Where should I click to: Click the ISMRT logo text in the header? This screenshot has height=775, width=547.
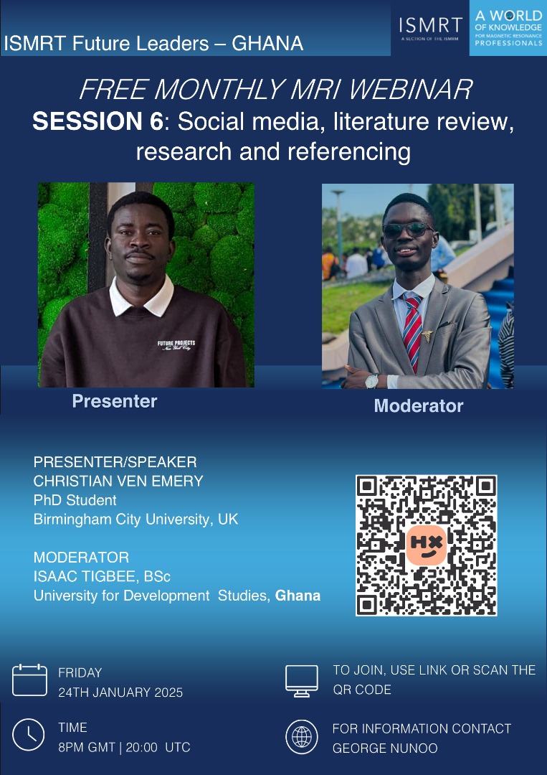click(x=430, y=24)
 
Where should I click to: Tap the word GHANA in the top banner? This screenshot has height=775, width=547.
click(x=267, y=44)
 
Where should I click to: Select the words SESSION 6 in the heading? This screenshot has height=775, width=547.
click(x=97, y=121)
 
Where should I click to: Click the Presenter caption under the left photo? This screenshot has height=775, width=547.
click(x=115, y=401)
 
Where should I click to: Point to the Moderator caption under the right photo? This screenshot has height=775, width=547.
click(x=419, y=405)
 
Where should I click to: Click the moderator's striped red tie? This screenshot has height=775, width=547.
click(x=412, y=330)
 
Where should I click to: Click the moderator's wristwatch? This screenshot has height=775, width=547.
click(x=372, y=380)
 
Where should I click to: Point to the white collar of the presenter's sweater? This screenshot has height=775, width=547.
click(x=141, y=298)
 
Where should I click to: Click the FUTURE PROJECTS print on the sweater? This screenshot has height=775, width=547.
click(x=176, y=345)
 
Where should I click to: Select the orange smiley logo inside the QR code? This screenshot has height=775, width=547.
click(x=426, y=545)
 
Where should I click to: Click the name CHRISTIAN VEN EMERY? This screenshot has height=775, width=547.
click(x=118, y=481)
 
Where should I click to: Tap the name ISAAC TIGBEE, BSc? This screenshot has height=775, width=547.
click(x=103, y=576)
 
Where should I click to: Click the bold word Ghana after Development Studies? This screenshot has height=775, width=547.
click(x=298, y=596)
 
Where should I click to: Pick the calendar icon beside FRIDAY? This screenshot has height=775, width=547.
click(x=29, y=680)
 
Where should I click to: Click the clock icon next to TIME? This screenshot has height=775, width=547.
click(x=28, y=735)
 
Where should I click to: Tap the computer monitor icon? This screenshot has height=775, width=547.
click(x=302, y=680)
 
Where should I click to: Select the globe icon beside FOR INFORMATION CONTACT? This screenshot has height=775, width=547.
click(x=302, y=737)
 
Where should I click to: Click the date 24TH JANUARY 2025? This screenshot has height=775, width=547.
click(x=120, y=692)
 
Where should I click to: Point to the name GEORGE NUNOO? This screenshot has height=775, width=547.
click(x=385, y=748)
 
